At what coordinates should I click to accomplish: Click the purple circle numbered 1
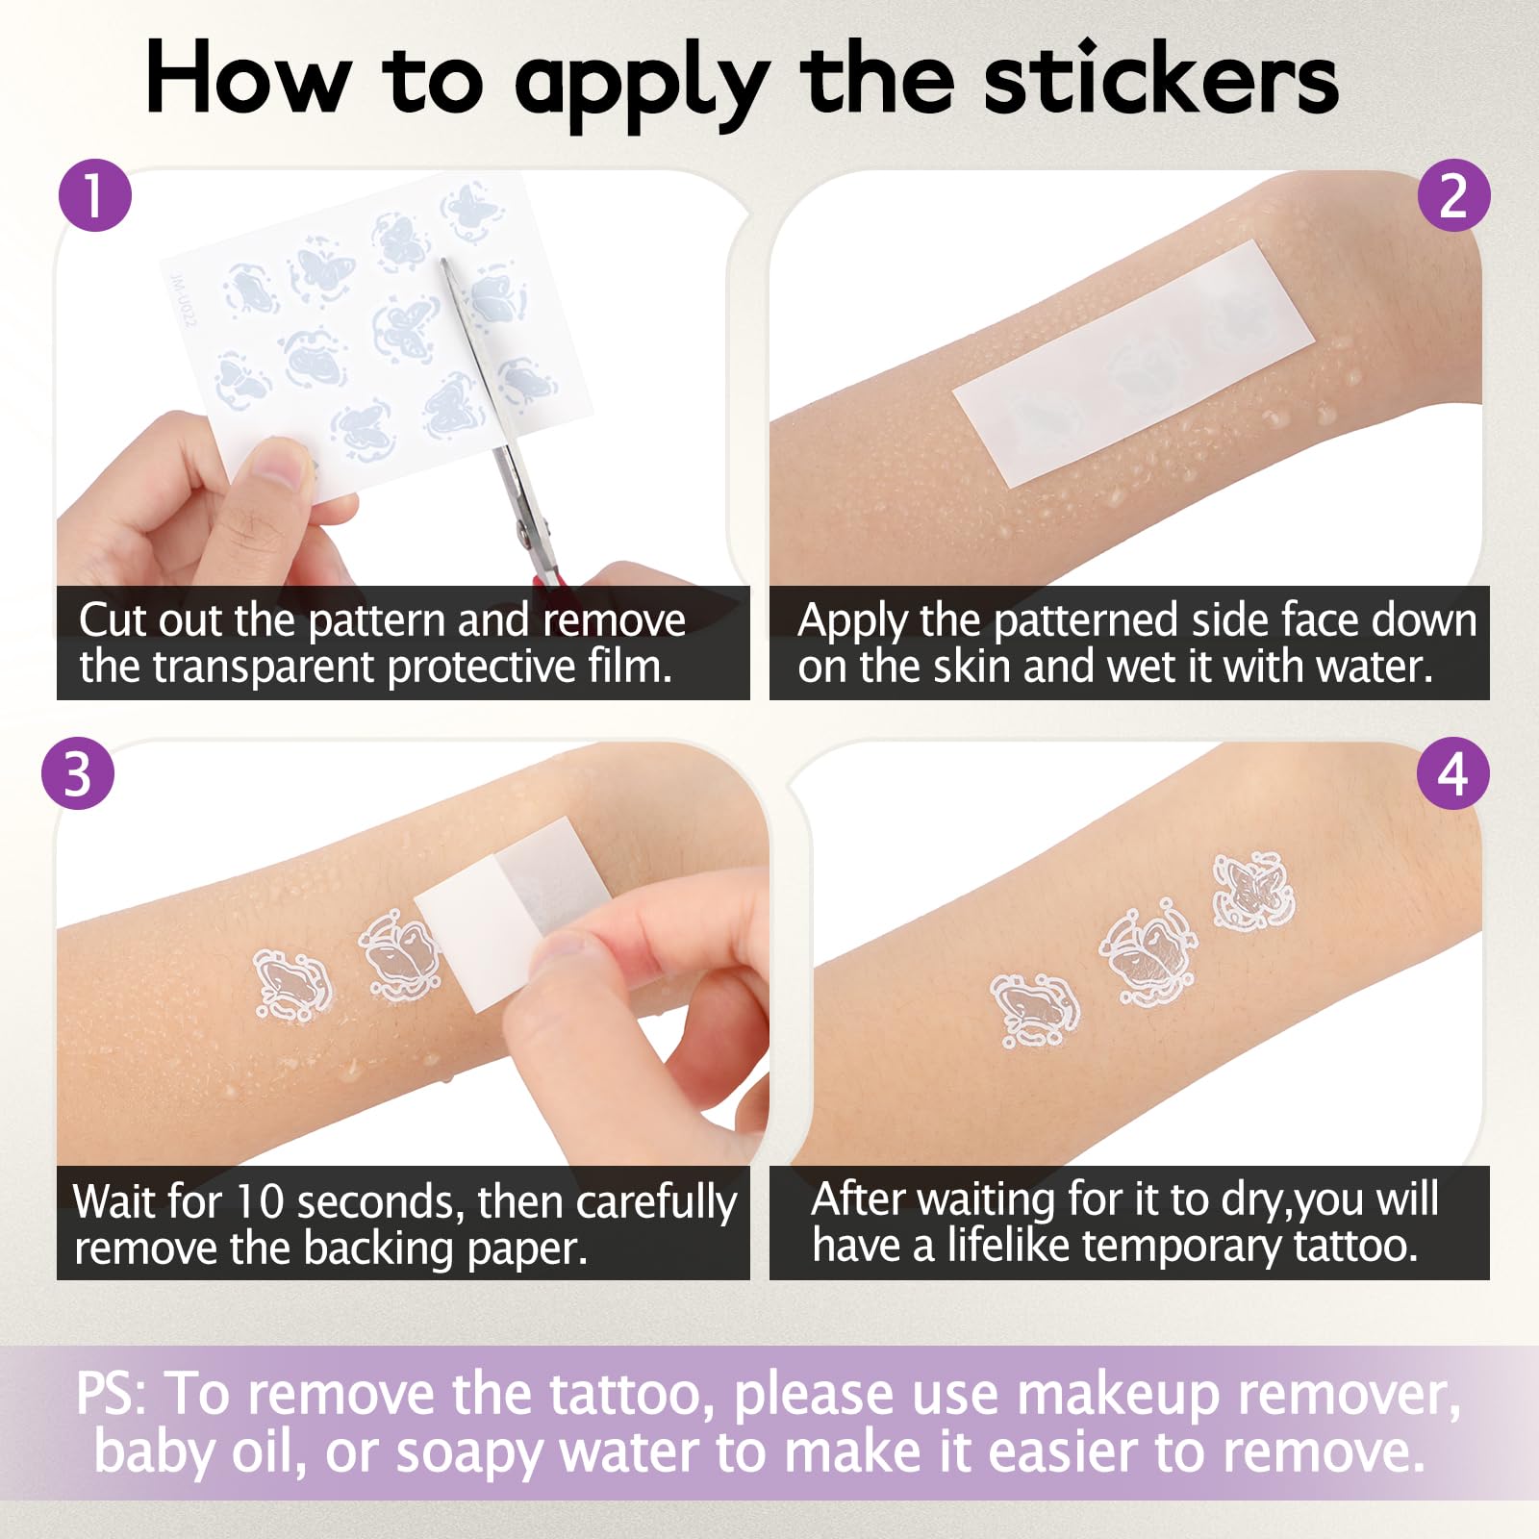click(x=95, y=195)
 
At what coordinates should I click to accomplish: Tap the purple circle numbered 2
click(x=1453, y=195)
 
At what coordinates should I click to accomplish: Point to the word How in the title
click(x=247, y=79)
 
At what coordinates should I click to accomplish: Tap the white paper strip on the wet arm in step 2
click(x=1133, y=363)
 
